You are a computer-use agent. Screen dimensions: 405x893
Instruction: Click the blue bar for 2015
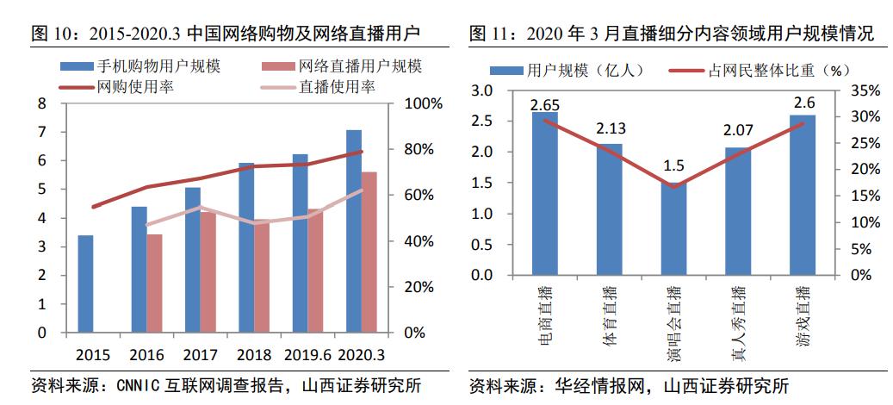click(x=85, y=283)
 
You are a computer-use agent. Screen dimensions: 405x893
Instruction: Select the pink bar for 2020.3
click(x=368, y=252)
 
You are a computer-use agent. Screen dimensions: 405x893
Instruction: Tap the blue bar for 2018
click(x=246, y=247)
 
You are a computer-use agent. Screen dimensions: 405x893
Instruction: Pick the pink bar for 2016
click(x=154, y=283)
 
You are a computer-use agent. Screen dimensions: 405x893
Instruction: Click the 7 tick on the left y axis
click(x=41, y=132)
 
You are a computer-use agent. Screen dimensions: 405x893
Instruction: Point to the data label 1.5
click(x=674, y=166)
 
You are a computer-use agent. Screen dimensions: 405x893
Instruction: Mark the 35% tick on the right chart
click(x=864, y=90)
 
